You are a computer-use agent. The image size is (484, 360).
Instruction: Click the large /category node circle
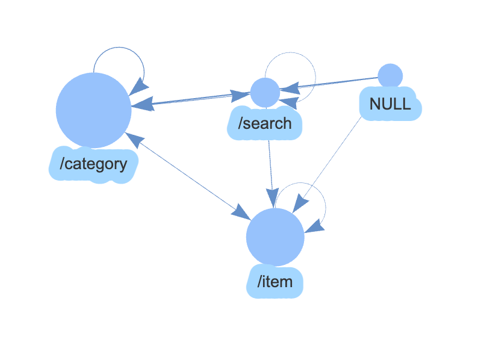[x=93, y=110]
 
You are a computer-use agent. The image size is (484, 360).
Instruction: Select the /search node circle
[x=265, y=93]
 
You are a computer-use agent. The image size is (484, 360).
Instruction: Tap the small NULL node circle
[x=390, y=76]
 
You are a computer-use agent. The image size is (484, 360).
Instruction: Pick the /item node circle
[x=275, y=237]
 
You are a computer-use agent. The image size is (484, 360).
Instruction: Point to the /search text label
[x=265, y=124]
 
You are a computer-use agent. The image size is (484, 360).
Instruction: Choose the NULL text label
[x=390, y=104]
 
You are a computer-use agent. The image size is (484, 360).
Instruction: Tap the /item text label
[x=275, y=281]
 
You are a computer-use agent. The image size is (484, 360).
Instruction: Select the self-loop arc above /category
[x=119, y=48]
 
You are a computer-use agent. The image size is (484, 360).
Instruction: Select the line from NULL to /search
[x=337, y=84]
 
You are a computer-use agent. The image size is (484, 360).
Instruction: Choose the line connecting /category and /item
[x=187, y=175]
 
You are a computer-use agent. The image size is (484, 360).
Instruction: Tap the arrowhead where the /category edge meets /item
[x=241, y=211]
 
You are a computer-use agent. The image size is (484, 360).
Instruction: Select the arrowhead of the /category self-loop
[x=138, y=86]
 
